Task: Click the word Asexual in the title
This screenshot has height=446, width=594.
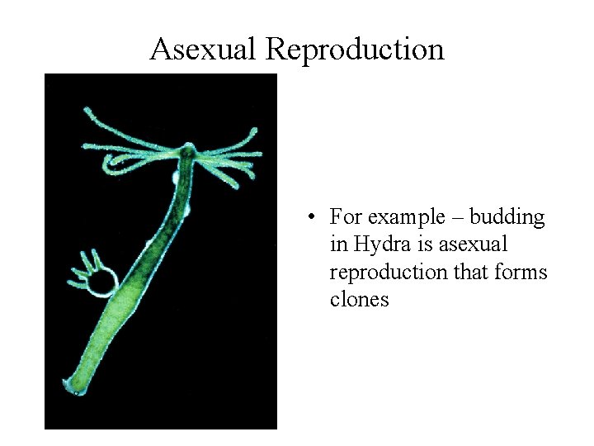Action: click(x=204, y=50)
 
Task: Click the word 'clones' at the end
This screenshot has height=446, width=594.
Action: click(x=359, y=299)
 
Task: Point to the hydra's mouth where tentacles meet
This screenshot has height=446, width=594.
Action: click(x=188, y=152)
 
